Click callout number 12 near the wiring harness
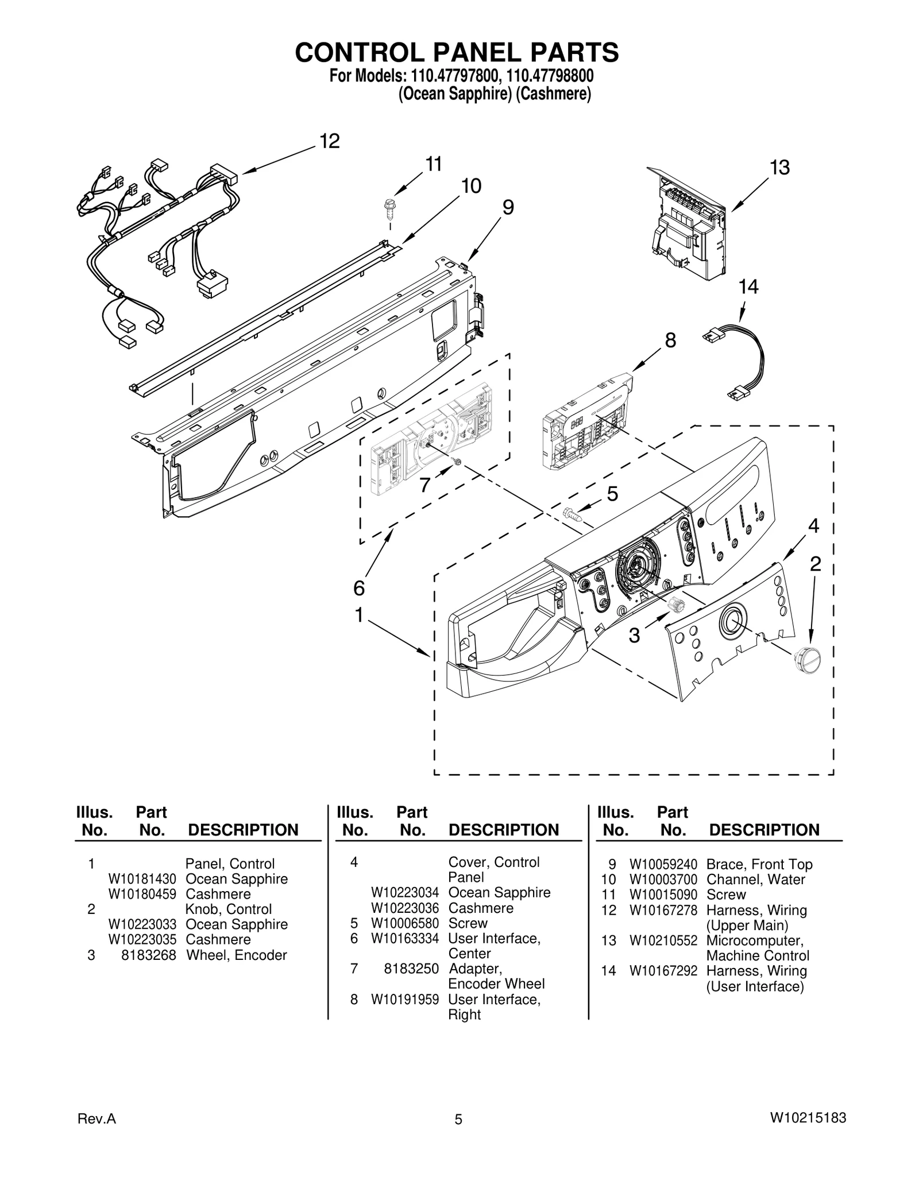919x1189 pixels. click(x=330, y=141)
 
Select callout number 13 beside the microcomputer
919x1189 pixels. click(x=779, y=168)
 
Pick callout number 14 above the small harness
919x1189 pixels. click(x=748, y=286)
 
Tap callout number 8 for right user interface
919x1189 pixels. click(x=670, y=340)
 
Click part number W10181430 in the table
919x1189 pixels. click(x=142, y=879)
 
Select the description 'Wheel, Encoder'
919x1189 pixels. click(x=236, y=955)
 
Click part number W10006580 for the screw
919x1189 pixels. click(x=404, y=923)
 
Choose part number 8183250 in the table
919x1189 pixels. click(x=411, y=969)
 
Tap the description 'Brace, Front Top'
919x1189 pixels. click(x=759, y=864)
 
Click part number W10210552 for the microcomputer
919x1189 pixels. click(x=663, y=940)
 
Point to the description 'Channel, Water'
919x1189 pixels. click(x=755, y=879)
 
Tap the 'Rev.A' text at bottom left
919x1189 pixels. click(x=96, y=1134)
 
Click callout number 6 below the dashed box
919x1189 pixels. click(x=358, y=588)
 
